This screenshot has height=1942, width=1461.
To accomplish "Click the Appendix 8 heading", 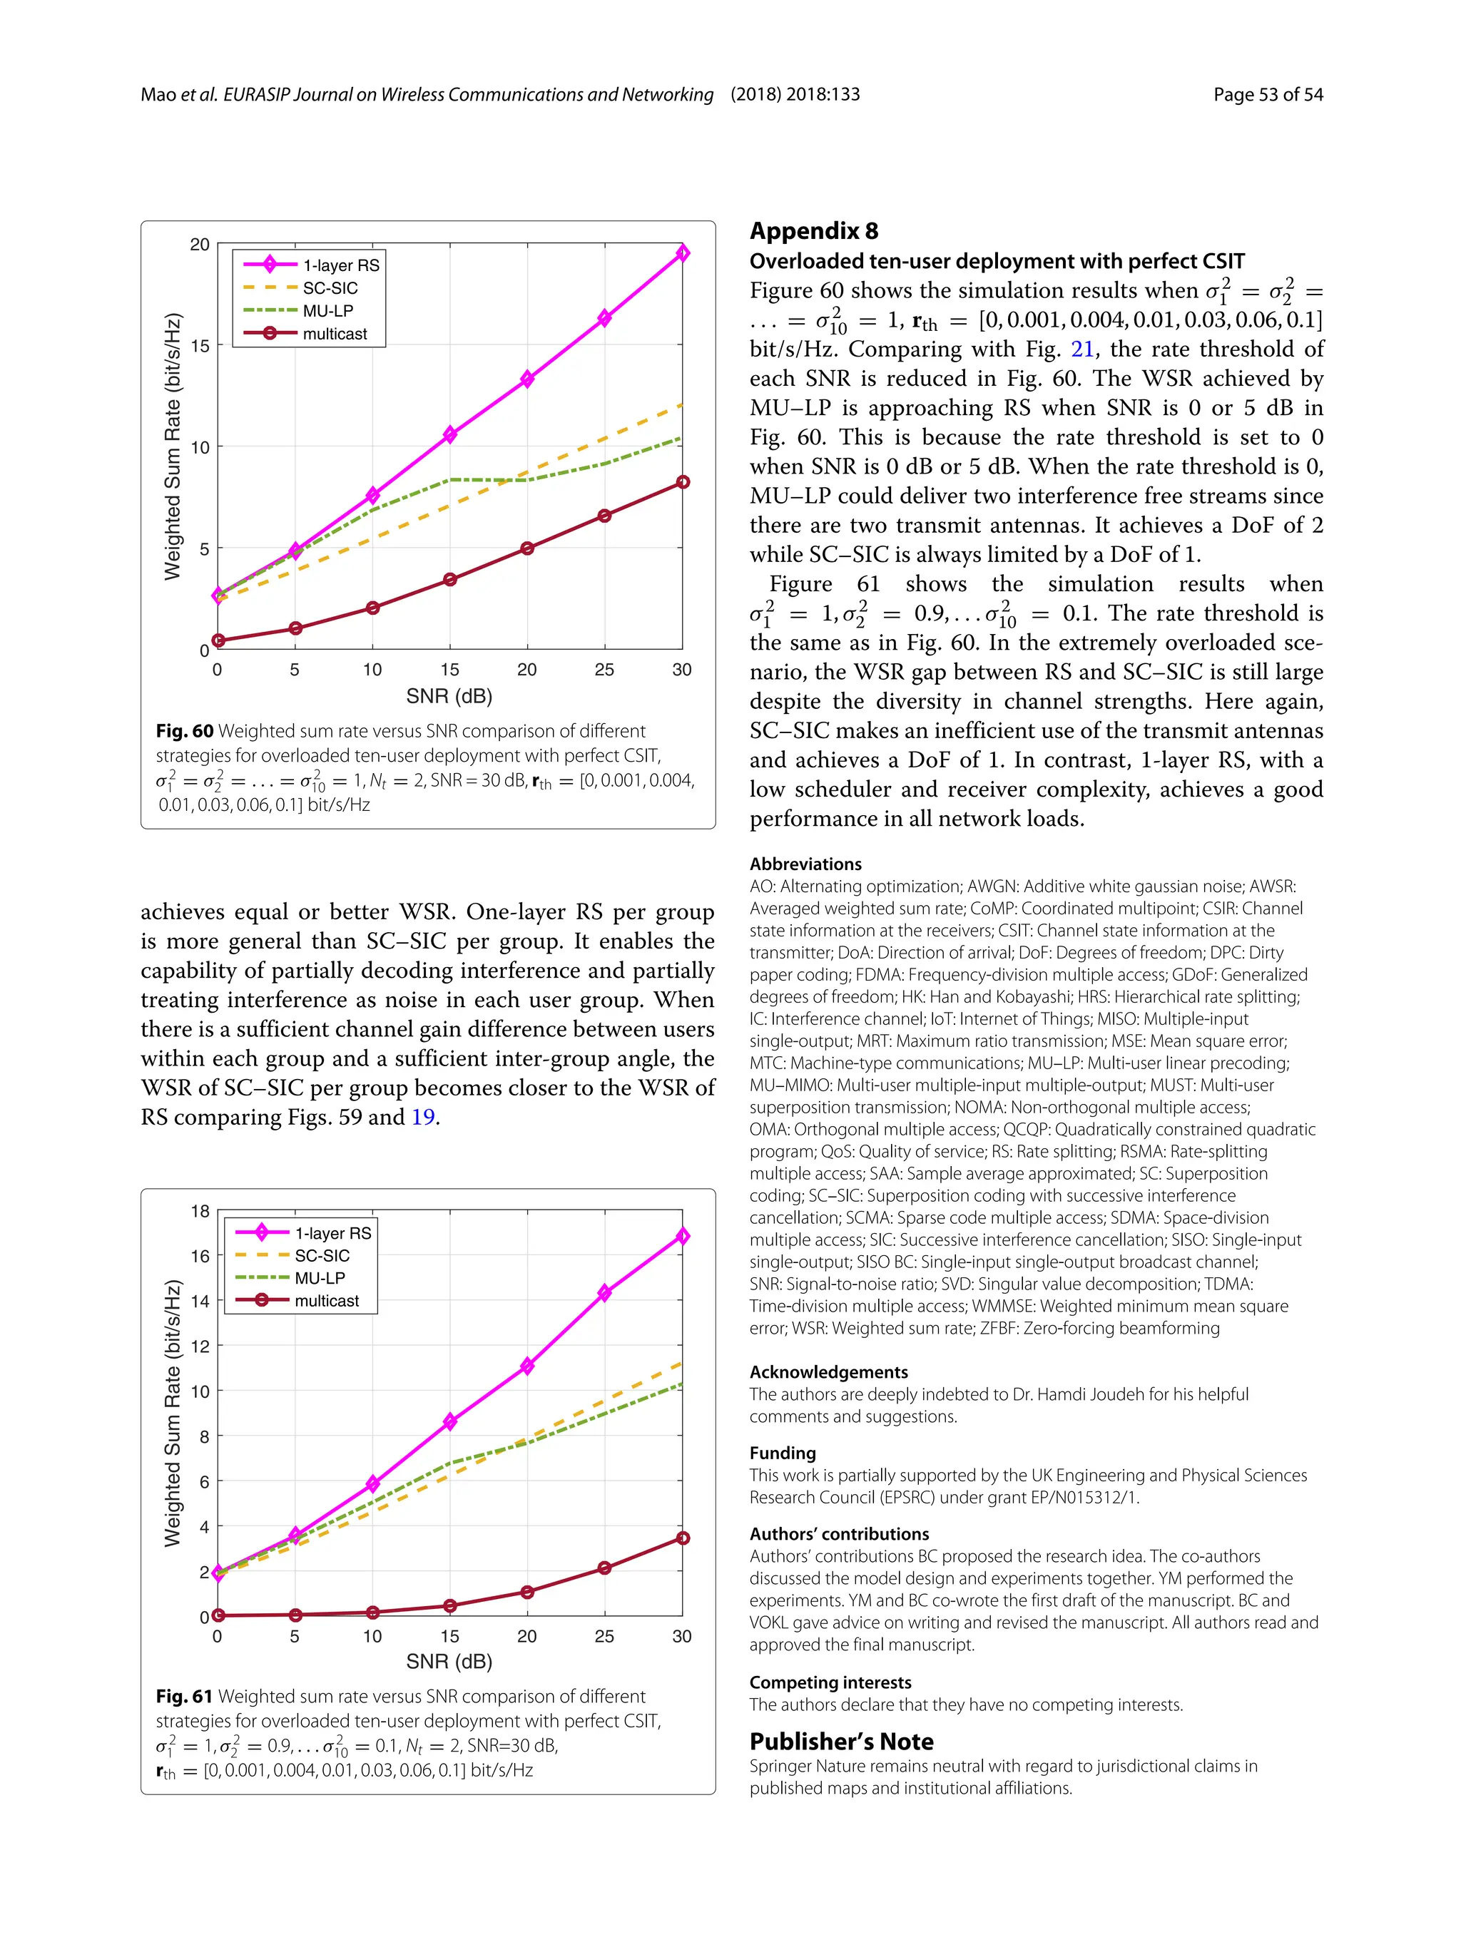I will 813,231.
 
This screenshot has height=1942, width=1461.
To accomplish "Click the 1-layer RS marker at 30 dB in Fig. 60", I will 682,253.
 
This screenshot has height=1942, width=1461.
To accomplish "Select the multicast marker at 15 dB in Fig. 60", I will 449,579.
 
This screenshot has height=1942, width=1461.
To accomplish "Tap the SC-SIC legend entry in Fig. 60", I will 330,288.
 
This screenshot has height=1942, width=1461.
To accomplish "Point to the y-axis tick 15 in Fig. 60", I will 200,346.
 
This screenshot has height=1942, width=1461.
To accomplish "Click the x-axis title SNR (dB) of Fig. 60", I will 449,696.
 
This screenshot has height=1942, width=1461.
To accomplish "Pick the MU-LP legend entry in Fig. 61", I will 320,1278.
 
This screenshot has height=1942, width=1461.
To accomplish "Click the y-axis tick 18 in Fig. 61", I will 200,1212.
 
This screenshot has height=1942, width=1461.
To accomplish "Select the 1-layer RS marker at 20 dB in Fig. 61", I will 526,1366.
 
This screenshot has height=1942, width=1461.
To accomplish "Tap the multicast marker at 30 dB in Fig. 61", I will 682,1538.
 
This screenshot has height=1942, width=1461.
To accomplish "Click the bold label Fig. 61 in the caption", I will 184,1696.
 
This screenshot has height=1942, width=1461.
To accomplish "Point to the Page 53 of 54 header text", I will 1267,95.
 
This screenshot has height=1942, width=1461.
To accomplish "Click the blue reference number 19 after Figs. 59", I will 423,1118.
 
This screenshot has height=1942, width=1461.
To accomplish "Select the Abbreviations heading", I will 805,864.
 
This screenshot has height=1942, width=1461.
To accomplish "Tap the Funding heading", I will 783,1453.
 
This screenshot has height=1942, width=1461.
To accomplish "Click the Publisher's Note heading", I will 841,1742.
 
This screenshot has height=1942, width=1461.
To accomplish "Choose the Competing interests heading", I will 830,1682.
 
